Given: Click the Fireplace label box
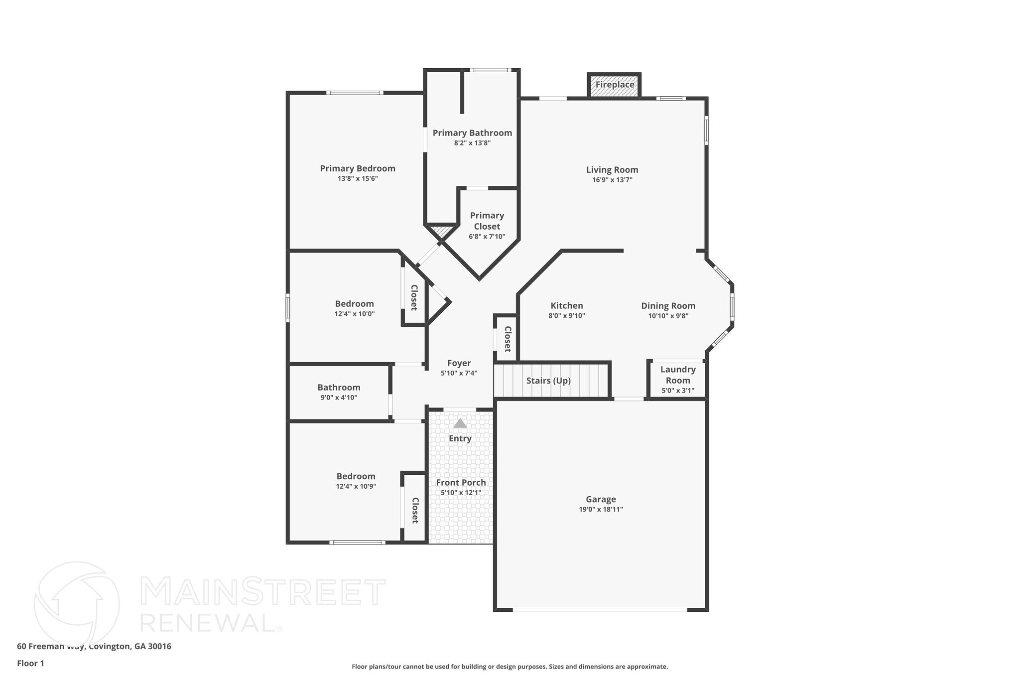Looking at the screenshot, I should click(615, 85).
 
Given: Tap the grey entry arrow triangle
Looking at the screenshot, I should click(460, 423).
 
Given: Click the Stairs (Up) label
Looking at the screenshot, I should click(548, 381).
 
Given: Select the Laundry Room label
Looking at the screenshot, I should click(678, 375).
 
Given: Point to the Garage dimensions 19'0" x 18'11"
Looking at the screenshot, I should click(601, 509).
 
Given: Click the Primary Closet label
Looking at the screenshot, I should click(487, 221).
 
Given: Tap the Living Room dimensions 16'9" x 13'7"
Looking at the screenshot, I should click(612, 180).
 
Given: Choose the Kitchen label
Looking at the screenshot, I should click(567, 305).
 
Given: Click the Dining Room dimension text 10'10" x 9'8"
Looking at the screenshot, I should click(668, 315).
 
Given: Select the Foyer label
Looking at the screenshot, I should click(459, 363).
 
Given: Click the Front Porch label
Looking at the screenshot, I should click(461, 482).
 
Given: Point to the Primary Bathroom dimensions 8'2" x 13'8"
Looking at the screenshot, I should click(472, 143).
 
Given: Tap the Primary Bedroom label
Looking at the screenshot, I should click(358, 168).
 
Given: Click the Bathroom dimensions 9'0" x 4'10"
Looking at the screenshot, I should click(339, 398).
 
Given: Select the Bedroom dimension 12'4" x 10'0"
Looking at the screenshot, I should click(354, 314).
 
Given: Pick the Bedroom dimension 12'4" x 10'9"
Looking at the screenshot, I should click(356, 486).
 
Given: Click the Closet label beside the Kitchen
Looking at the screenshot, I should click(508, 339).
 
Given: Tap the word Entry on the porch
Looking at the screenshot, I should click(460, 438).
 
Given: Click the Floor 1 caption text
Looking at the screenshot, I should click(30, 663).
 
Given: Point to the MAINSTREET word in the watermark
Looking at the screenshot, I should click(263, 592).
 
